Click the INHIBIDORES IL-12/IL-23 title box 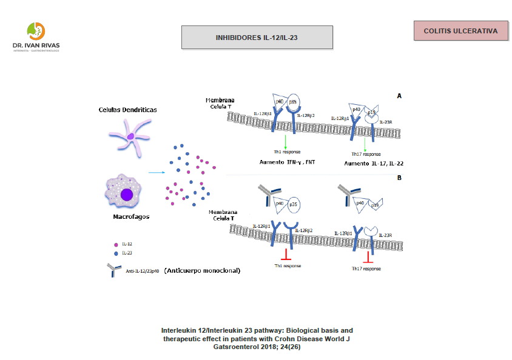point(257,37)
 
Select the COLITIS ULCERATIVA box point(460,31)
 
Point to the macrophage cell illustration point(124,192)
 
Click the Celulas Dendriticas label point(128,110)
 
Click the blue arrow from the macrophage point(157,173)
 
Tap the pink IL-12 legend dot point(115,245)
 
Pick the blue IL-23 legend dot point(115,253)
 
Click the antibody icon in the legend point(113,270)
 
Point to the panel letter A point(399,96)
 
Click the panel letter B point(399,178)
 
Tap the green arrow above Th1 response point(285,141)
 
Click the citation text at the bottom point(257,338)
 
